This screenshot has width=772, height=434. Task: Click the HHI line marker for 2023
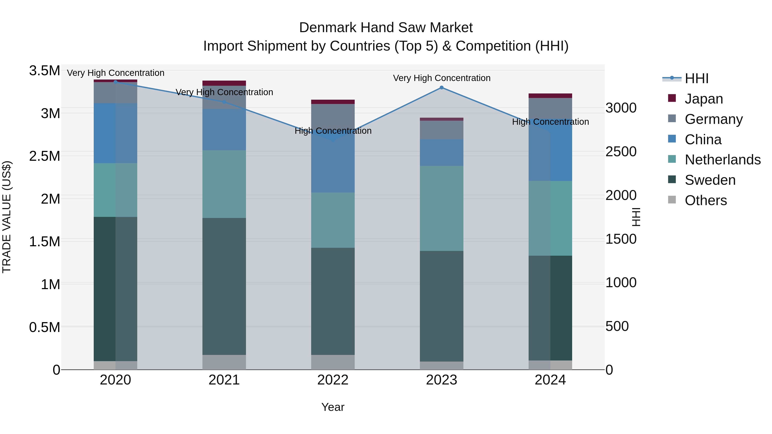click(442, 87)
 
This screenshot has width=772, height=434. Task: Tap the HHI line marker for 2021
click(224, 102)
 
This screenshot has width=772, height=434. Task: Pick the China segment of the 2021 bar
click(224, 129)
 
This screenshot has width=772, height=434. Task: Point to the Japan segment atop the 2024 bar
click(550, 96)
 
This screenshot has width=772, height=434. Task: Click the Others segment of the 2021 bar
click(224, 362)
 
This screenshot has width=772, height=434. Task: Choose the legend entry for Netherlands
click(722, 160)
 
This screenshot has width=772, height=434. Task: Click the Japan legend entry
click(703, 99)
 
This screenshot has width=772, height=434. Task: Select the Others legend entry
click(706, 200)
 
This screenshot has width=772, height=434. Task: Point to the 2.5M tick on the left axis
click(44, 156)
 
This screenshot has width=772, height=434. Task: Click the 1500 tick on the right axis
click(621, 239)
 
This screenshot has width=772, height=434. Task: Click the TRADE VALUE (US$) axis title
click(7, 217)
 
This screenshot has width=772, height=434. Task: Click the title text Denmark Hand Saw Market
click(386, 28)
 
